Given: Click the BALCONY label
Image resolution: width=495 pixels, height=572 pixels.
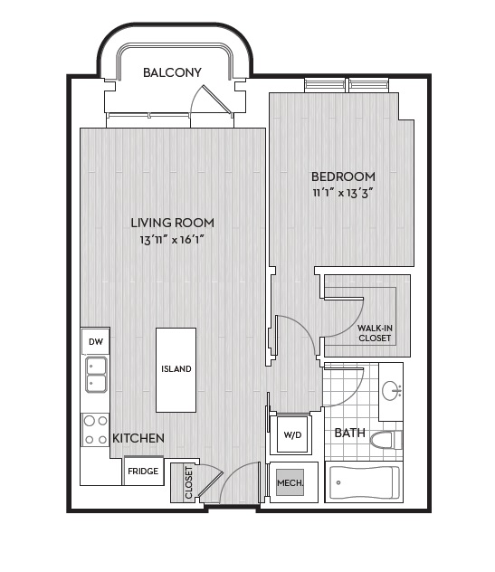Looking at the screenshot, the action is tap(172, 72).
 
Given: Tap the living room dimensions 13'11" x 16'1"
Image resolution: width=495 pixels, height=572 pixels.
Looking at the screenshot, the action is tap(172, 240).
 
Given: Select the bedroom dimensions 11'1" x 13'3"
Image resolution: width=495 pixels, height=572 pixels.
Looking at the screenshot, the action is tap(343, 193).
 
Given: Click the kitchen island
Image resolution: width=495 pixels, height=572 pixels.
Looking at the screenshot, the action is tap(176, 370).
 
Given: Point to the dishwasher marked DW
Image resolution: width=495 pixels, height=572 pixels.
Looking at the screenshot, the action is tap(96, 341).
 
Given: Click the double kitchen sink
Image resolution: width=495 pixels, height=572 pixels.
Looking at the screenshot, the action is tap(96, 375).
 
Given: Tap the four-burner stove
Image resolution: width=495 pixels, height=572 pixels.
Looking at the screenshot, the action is tap(95, 430).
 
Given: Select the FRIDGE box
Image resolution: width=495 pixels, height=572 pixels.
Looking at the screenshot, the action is tap(143, 472).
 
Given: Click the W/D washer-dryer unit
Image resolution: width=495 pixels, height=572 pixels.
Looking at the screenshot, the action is tap(293, 434).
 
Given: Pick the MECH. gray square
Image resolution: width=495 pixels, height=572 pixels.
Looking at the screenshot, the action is tap(290, 482).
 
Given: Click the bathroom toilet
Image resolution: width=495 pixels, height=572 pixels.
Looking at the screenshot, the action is tap(386, 440).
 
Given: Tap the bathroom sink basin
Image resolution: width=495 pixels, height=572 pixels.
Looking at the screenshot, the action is tap(391, 391).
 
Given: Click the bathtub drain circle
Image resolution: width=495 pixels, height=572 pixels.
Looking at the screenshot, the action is tap(338, 482).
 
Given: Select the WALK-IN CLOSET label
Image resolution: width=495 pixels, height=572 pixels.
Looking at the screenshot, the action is tap(375, 333).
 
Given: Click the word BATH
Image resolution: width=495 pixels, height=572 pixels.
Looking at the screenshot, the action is tap(350, 433).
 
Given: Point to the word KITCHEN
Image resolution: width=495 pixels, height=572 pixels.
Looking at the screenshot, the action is tap(138, 438).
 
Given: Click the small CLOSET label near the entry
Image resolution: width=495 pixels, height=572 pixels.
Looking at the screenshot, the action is tap(188, 482).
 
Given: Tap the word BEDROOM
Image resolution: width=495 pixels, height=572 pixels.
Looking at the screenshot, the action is tap(343, 176).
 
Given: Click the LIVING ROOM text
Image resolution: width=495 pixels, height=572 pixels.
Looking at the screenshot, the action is tap(173, 223).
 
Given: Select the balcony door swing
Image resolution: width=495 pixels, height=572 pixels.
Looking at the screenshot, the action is tap(212, 100).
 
